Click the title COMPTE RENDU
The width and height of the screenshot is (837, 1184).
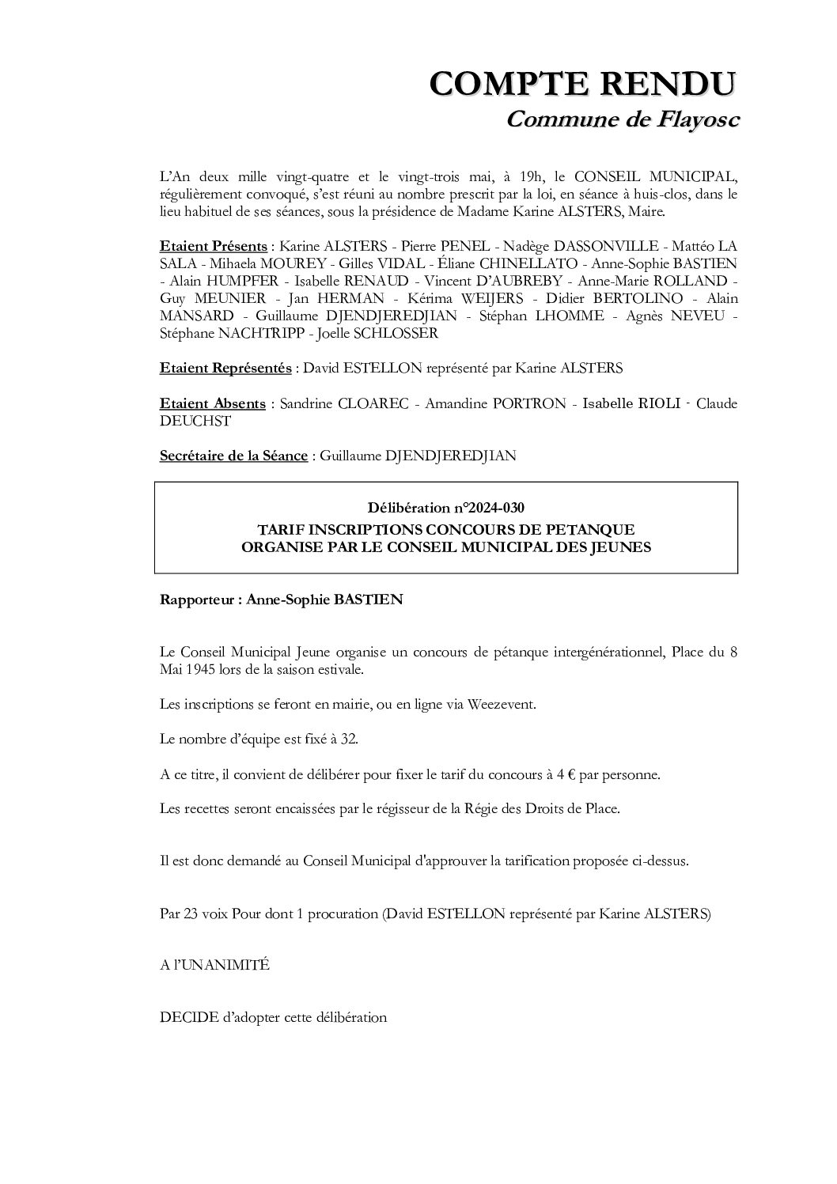(583, 84)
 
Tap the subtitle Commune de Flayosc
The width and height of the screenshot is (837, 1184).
(622, 119)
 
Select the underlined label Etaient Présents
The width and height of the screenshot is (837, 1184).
(213, 246)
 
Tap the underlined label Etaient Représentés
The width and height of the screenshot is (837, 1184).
(225, 369)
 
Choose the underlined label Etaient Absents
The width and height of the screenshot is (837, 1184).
(212, 404)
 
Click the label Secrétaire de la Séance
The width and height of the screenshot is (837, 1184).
(233, 456)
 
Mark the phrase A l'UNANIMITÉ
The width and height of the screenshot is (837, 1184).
(214, 966)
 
